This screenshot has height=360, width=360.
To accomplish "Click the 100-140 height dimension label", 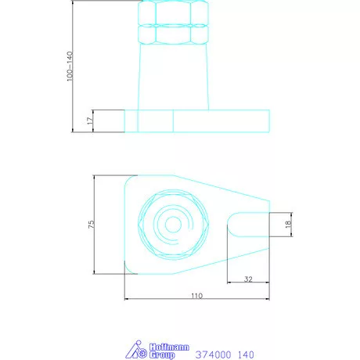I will (x=70, y=67).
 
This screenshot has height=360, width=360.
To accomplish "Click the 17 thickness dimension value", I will (x=91, y=121).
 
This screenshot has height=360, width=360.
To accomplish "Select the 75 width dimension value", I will (x=91, y=225).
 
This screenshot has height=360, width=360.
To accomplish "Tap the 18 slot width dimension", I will (x=288, y=224).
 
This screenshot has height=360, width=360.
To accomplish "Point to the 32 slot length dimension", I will (x=248, y=278).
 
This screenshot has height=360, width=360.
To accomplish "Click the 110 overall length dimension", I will (x=196, y=296).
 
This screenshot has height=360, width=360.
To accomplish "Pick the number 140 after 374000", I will (x=245, y=353).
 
